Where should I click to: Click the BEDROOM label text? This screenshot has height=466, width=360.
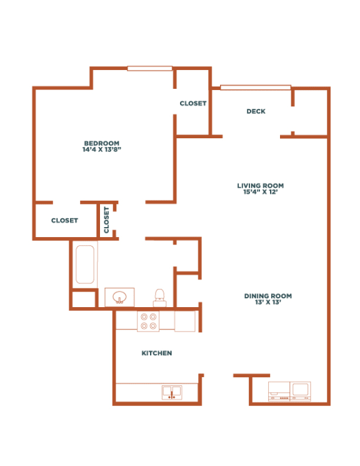point(101,143)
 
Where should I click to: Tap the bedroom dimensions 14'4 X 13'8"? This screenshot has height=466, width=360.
point(101,150)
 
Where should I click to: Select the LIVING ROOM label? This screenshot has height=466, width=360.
point(260,185)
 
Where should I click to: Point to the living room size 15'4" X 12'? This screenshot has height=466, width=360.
point(260,193)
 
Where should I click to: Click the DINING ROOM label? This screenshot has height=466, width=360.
point(268,296)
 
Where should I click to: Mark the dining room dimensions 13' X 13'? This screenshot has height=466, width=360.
point(268,303)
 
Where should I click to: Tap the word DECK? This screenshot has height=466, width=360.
point(256,111)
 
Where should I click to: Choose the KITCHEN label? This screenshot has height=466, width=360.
point(156,353)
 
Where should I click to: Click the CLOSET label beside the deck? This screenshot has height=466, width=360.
point(192,103)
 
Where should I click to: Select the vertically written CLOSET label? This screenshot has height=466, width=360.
point(106,220)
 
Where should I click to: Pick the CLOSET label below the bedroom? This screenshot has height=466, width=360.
point(64,220)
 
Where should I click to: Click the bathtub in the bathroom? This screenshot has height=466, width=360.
point(84,265)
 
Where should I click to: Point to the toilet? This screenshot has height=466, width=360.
point(159,296)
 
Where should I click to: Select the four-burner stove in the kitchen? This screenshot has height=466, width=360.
point(148,321)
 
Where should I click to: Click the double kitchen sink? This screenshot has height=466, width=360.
point(171,392)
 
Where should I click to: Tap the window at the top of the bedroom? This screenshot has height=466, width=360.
point(149,68)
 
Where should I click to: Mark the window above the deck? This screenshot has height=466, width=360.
point(255,88)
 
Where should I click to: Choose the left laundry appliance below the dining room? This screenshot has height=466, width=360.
point(279,391)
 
